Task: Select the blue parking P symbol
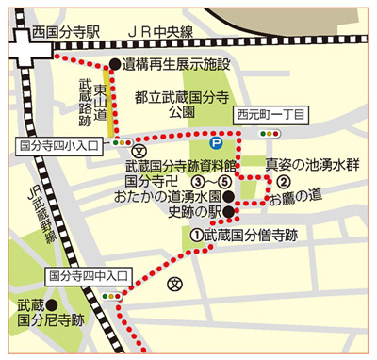tap(216, 144)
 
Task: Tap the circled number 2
tap(281, 182)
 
